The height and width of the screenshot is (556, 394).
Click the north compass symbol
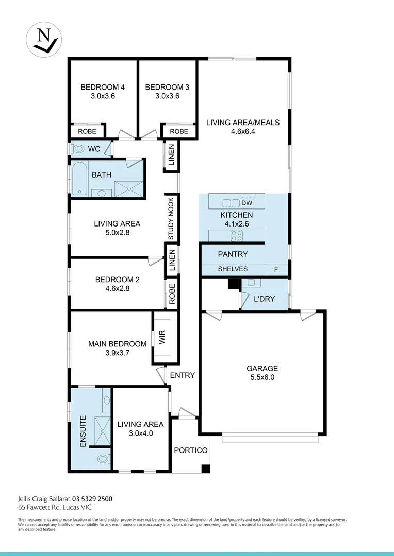[x=44, y=39]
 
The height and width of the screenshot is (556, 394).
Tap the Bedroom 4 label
[x=103, y=87]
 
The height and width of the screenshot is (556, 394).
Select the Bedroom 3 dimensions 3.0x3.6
[x=167, y=96]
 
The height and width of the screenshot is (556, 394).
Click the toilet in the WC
[x=79, y=149]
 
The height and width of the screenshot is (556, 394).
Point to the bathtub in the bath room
[x=79, y=178]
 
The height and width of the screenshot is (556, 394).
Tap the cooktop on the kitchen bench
[x=236, y=236]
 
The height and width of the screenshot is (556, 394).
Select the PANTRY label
[x=233, y=254]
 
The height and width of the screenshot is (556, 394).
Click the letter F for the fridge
[x=276, y=269]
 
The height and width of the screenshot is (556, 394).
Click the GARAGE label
[x=262, y=368]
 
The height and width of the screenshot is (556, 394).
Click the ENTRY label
[x=183, y=375]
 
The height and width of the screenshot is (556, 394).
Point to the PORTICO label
[x=190, y=450]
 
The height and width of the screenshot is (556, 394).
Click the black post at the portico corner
[x=205, y=468]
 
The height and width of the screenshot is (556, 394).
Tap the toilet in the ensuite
[x=102, y=458]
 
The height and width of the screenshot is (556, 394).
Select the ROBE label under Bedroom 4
[x=87, y=132]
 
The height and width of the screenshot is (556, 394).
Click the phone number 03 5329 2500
[x=92, y=498]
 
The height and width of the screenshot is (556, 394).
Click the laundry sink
[x=251, y=283]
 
